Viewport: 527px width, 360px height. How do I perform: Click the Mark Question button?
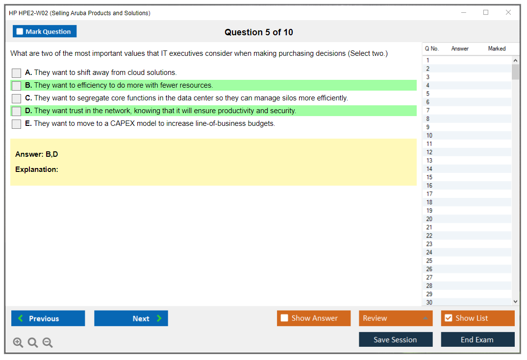click(x=45, y=31)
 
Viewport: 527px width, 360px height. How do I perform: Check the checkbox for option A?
click(x=17, y=73)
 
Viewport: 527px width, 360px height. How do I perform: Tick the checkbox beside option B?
click(x=17, y=86)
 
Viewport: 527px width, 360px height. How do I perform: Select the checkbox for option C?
click(x=17, y=98)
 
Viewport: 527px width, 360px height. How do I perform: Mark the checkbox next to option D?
click(x=17, y=111)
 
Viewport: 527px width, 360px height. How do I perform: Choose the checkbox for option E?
click(x=17, y=124)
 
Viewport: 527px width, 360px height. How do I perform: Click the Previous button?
click(x=48, y=318)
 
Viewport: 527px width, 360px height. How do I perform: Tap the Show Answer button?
click(x=314, y=318)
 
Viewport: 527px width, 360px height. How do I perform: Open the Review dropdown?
click(x=396, y=318)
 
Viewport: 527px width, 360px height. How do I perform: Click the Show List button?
click(x=477, y=318)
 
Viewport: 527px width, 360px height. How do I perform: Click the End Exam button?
click(x=477, y=339)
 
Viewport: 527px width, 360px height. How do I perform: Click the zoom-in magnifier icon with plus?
click(x=18, y=342)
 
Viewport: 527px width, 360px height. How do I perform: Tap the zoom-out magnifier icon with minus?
click(x=48, y=342)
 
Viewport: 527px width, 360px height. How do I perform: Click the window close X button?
click(x=508, y=12)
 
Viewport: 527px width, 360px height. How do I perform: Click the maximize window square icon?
click(x=486, y=12)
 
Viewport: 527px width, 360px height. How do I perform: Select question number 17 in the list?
click(x=429, y=194)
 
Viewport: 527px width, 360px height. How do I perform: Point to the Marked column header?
click(x=497, y=48)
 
